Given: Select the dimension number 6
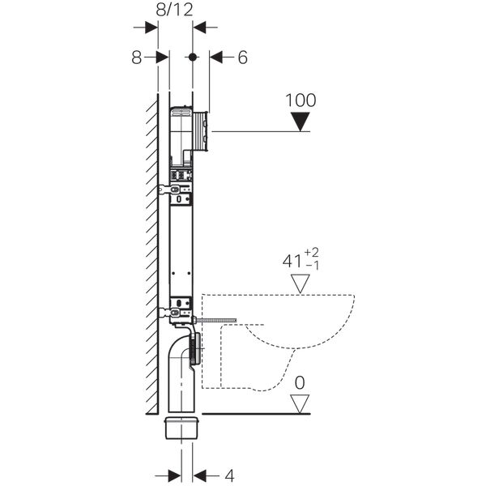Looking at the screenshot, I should pos(242,58).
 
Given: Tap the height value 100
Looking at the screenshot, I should pos(301,101).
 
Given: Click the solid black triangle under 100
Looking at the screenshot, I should pos(301,122).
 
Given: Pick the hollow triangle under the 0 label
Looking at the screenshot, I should pos(301,403).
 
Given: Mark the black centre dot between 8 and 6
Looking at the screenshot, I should pos(193,58).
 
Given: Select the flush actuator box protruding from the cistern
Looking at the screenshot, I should pos(205,130).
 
